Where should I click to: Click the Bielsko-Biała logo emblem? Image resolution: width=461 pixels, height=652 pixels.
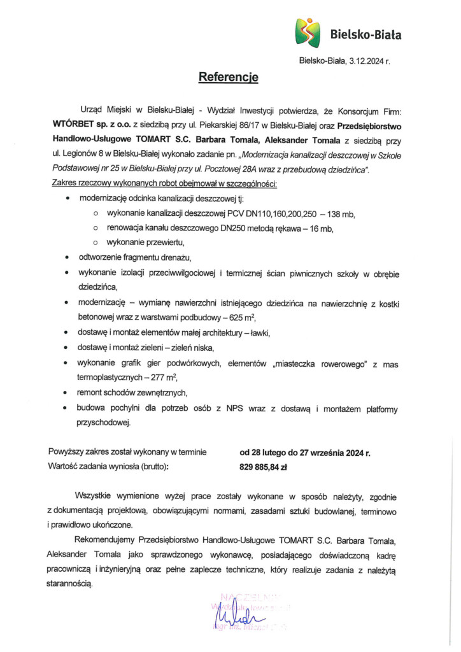tap(308, 32)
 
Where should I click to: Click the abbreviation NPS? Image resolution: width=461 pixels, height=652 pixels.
tap(233, 407)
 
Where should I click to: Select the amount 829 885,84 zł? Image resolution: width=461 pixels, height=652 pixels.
tap(264, 467)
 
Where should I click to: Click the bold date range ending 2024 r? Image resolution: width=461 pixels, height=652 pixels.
tap(304, 453)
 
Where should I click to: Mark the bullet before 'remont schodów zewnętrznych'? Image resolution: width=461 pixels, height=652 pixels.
tap(67, 392)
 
